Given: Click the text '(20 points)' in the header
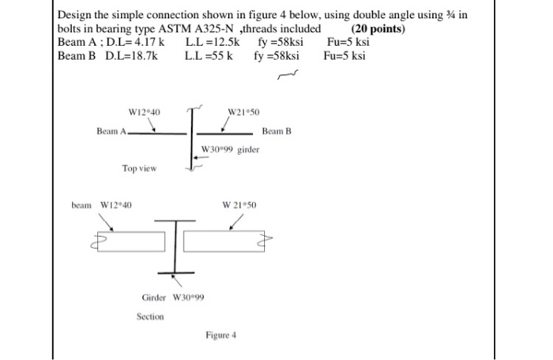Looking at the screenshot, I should point(378,29).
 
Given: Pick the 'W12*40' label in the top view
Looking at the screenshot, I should point(144,112).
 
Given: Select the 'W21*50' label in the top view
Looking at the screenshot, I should point(243,112).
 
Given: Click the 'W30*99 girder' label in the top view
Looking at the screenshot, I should point(230,149).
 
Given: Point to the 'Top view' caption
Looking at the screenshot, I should point(139,168).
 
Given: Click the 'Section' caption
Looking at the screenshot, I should point(149,316).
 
